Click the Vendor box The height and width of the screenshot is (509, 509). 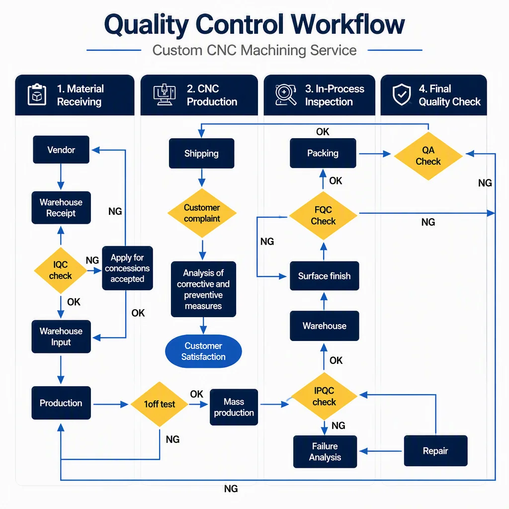pos(61,150)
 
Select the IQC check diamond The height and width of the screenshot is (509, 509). pos(60,270)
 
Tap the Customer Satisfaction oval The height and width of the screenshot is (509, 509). pos(203,351)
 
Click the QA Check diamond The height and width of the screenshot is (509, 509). pos(428,156)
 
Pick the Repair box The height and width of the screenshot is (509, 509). pos(435,450)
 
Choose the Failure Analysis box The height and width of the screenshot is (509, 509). pos(325,451)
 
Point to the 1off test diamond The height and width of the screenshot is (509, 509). pos(160,404)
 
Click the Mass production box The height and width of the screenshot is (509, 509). pos(234,407)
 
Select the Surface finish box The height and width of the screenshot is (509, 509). pos(324,276)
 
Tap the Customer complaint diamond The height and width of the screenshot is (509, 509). pos(202,213)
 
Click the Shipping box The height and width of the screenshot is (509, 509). pos(202,153)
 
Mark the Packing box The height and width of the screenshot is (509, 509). pos(323,153)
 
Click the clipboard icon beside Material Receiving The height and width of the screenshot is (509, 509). pos(37,94)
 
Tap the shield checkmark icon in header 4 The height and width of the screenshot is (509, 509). pos(402,94)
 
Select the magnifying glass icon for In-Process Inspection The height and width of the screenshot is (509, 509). pos(286,94)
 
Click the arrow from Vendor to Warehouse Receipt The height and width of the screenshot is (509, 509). pos(61,177)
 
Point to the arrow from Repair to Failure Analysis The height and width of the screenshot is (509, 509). pos(380,451)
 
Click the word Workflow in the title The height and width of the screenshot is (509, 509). pos(347,24)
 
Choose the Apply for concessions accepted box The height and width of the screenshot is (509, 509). pos(127,268)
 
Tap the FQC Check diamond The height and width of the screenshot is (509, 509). pos(323,216)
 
